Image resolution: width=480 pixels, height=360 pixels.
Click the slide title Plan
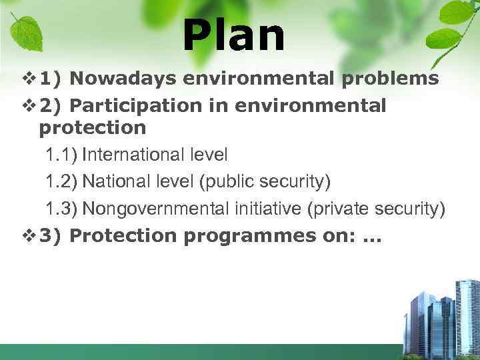pyautogui.click(x=233, y=36)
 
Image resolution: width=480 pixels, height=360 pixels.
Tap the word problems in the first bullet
pyautogui.click(x=390, y=79)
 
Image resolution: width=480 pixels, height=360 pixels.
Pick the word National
pyautogui.click(x=110, y=181)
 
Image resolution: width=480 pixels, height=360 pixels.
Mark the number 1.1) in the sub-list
pyautogui.click(x=61, y=155)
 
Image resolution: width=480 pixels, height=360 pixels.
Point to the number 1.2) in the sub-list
pyautogui.click(x=61, y=181)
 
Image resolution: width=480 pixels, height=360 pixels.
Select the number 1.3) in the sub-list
pyautogui.click(x=61, y=209)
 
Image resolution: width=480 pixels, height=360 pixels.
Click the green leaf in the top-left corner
pyautogui.click(x=27, y=30)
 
